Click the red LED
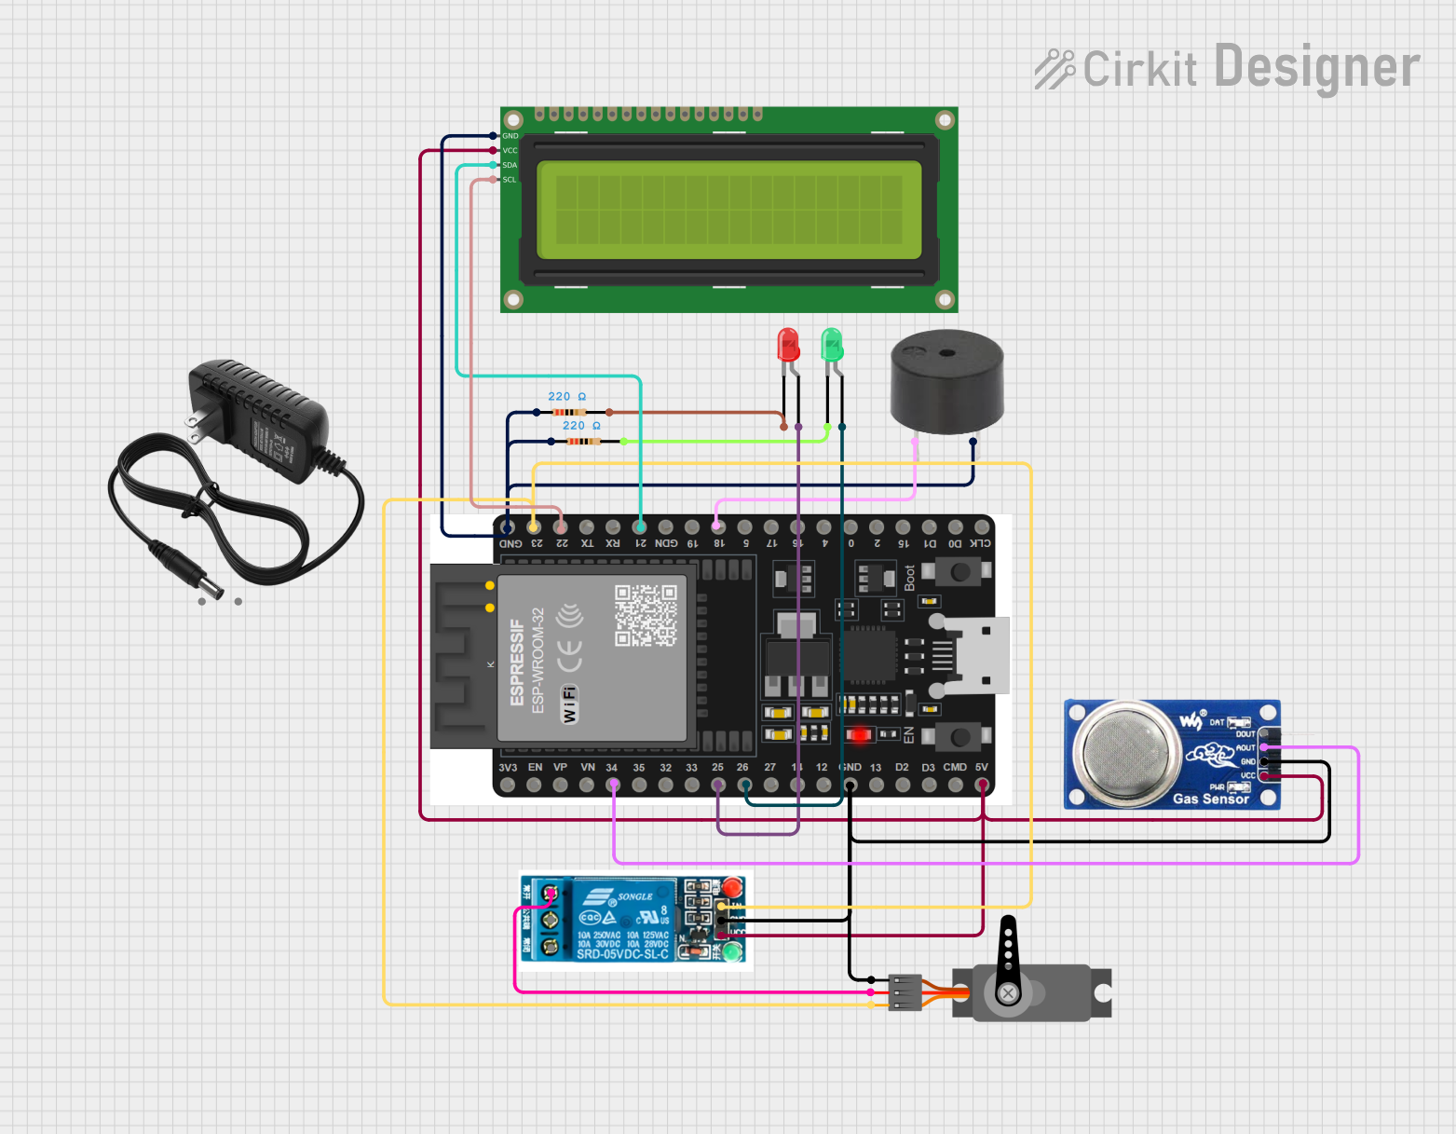click(788, 345)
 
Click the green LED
click(832, 345)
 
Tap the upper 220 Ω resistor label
click(566, 397)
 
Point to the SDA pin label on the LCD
click(510, 165)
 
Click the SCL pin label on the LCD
click(510, 180)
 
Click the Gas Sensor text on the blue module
click(1210, 799)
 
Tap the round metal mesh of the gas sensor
click(1126, 751)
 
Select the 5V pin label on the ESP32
click(981, 768)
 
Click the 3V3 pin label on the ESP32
click(508, 768)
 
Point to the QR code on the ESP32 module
click(646, 615)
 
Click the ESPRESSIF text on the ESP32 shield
click(518, 662)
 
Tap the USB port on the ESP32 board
click(978, 656)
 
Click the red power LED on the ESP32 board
click(860, 734)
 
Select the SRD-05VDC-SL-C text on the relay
click(622, 954)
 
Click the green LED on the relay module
click(733, 952)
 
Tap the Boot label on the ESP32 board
click(910, 578)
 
